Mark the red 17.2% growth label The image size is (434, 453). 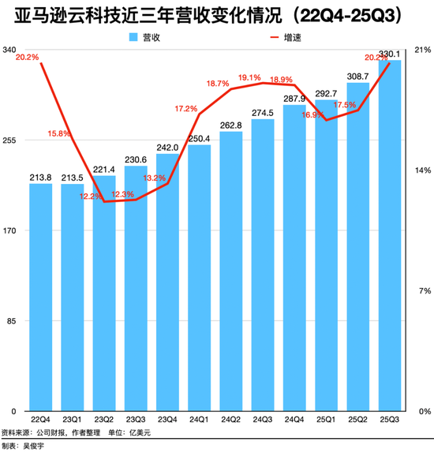[186, 109]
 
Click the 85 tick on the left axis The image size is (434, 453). [13, 321]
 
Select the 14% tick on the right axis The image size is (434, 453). [422, 170]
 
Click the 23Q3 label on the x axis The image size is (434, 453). [137, 420]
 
